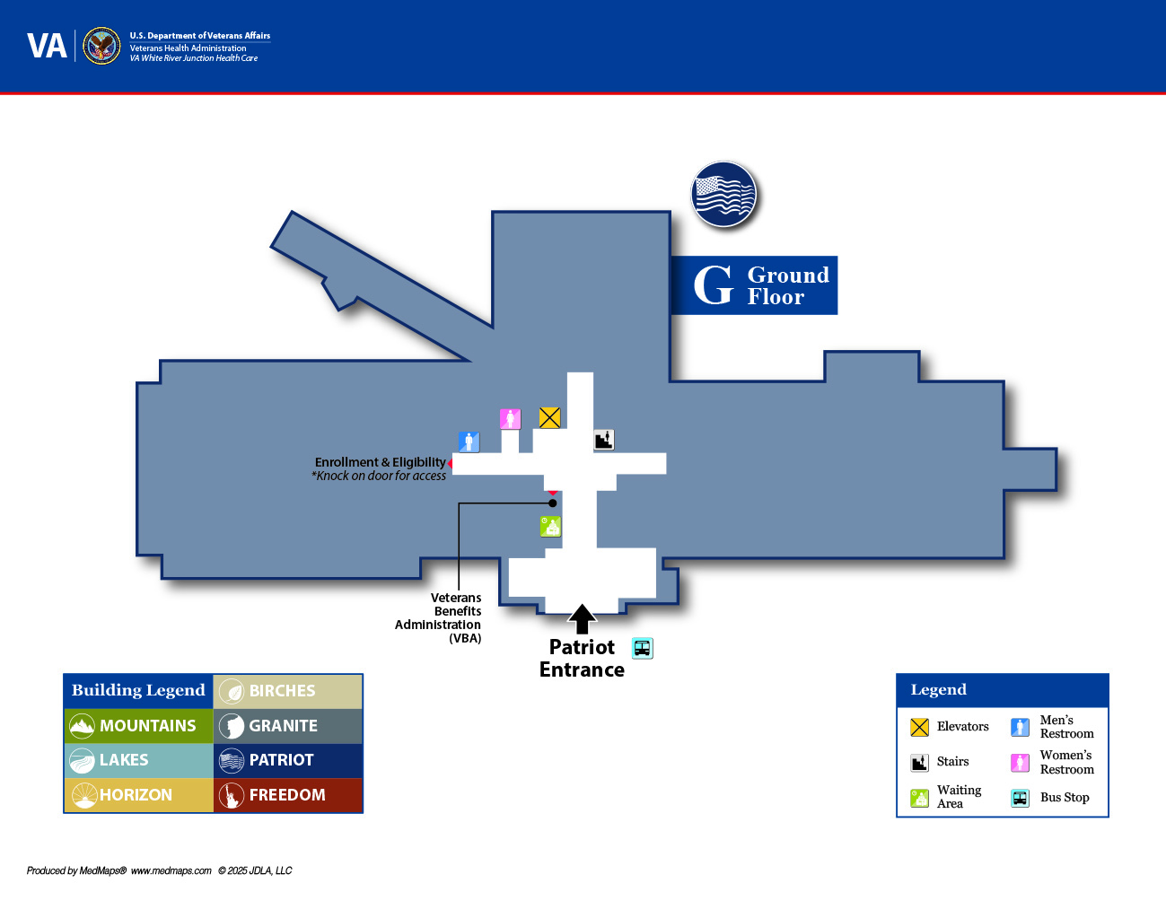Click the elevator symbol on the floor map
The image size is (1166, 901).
pyautogui.click(x=549, y=417)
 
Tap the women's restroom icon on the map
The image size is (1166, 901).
pyautogui.click(x=510, y=418)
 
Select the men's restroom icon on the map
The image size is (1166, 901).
pyautogui.click(x=469, y=442)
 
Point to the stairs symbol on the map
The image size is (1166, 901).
pyautogui.click(x=604, y=439)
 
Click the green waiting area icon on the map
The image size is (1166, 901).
pyautogui.click(x=550, y=526)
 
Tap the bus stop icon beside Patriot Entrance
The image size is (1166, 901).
pyautogui.click(x=642, y=648)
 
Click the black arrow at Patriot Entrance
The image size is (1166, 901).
pyautogui.click(x=582, y=618)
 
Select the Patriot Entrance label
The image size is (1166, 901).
pyautogui.click(x=582, y=658)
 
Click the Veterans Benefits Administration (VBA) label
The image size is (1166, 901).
pyautogui.click(x=439, y=617)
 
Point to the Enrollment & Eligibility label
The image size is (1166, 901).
pyautogui.click(x=380, y=462)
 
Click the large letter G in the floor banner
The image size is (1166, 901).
pyautogui.click(x=714, y=285)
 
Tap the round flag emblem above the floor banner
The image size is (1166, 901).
pyautogui.click(x=723, y=194)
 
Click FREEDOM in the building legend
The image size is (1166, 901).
pyautogui.click(x=287, y=795)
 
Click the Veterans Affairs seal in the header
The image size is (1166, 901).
pyautogui.click(x=101, y=46)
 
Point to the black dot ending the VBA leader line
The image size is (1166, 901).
pyautogui.click(x=553, y=503)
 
